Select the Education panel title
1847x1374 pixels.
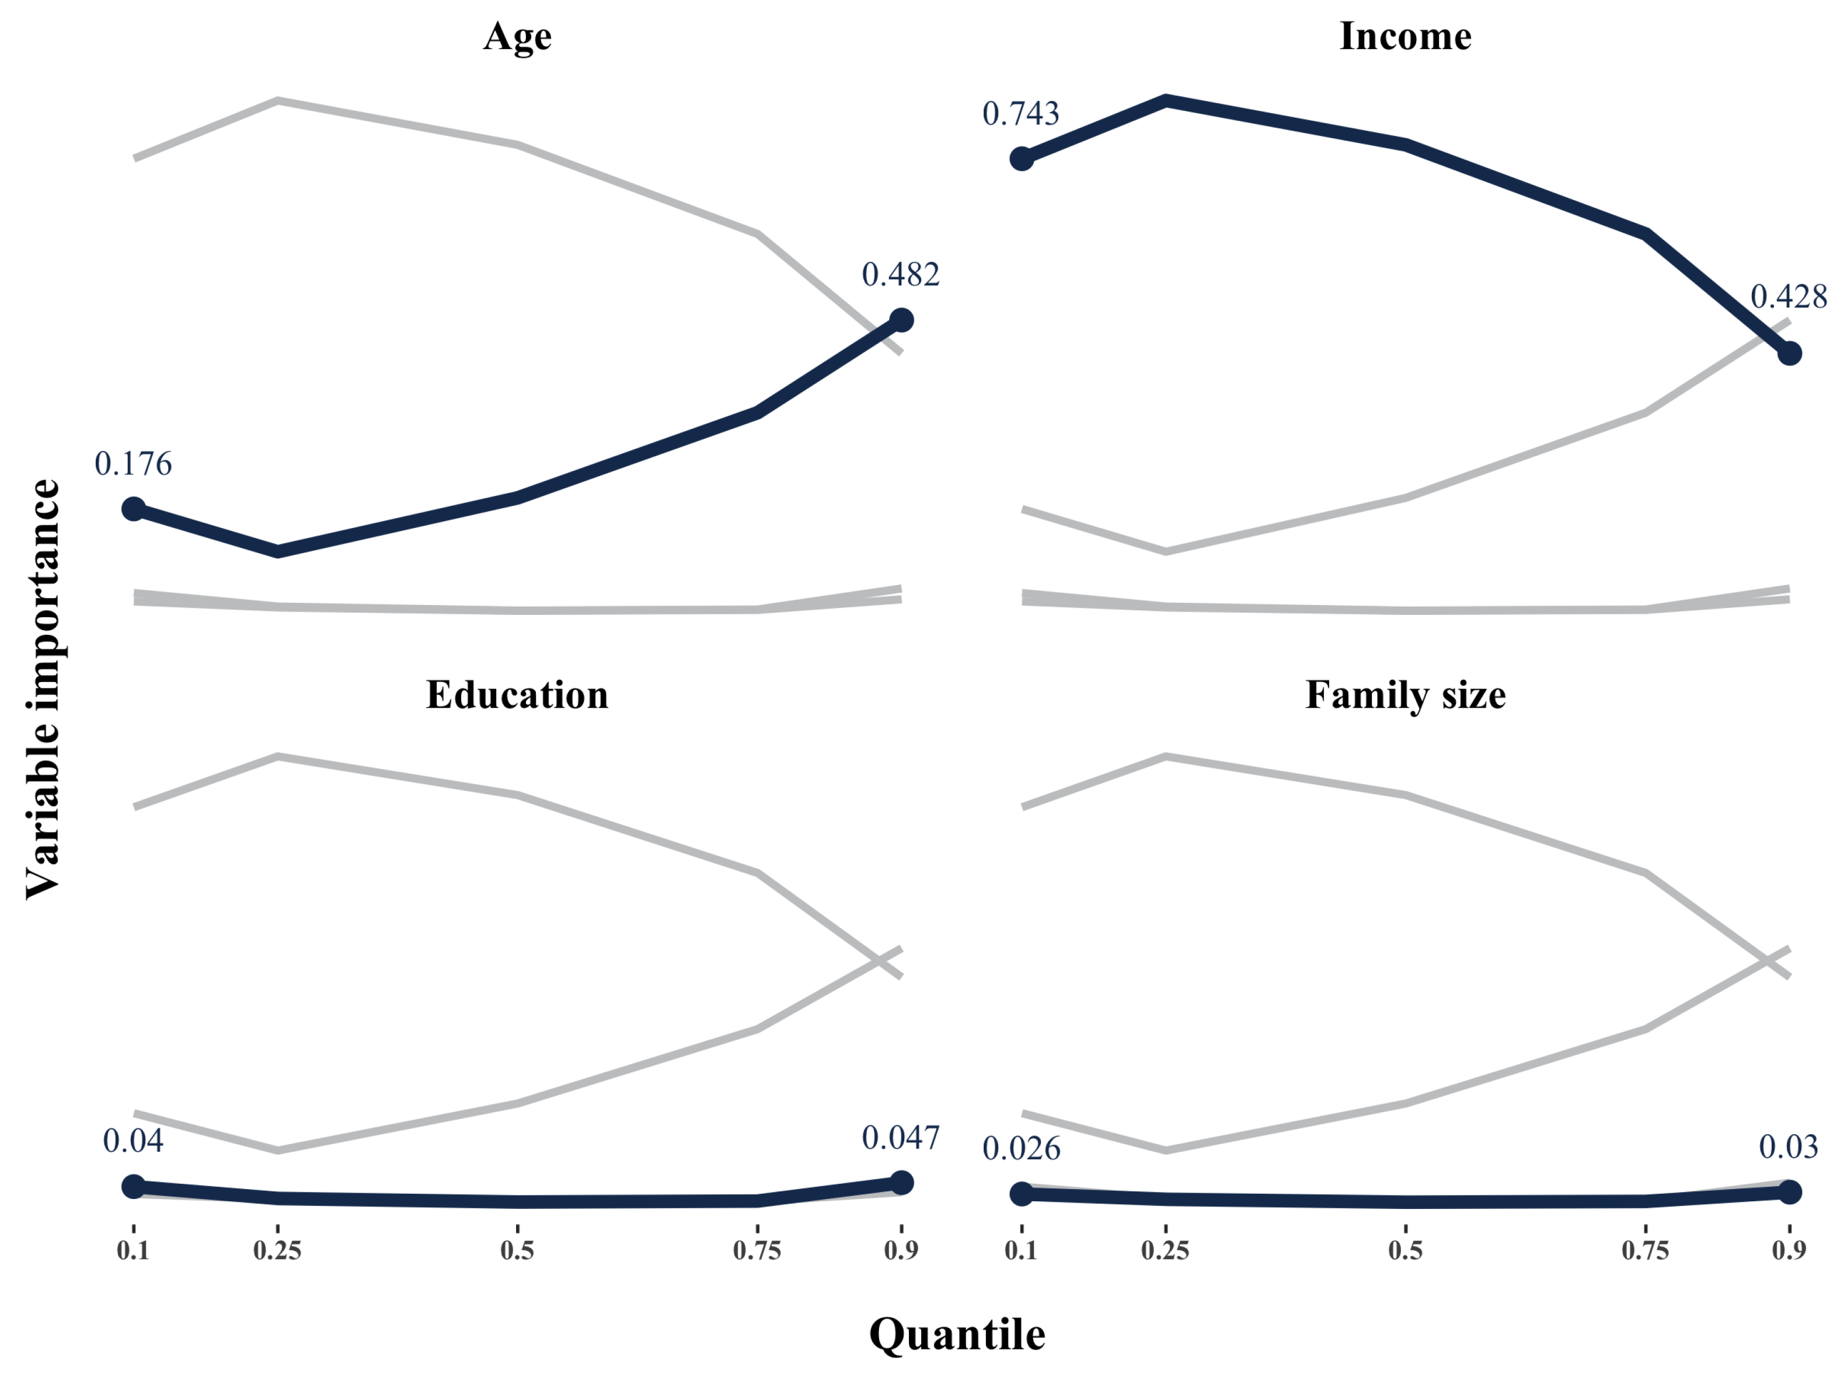[x=517, y=694]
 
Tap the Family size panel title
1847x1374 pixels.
[x=1405, y=694]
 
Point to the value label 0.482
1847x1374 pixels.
[x=900, y=274]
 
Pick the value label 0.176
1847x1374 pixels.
[x=133, y=464]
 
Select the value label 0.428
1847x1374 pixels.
[x=1788, y=297]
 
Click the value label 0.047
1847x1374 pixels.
[x=900, y=1138]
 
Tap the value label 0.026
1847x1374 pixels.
[x=1021, y=1149]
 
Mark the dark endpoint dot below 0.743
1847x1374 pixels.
[x=1022, y=159]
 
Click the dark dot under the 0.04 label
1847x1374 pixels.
[x=133, y=1186]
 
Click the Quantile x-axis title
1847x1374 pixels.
[x=957, y=1335]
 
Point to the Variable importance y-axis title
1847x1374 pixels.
[x=43, y=688]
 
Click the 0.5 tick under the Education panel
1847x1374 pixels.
[x=517, y=1250]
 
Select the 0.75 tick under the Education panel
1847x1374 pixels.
[x=757, y=1250]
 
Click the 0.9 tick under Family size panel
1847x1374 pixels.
[x=1789, y=1250]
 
